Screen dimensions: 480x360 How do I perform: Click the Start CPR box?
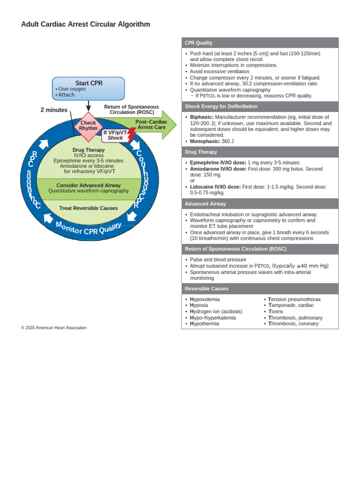[89, 89]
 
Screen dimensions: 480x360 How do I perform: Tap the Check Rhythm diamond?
[88, 126]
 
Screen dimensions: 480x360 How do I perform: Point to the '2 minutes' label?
[53, 110]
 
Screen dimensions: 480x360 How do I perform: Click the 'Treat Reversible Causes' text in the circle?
[89, 208]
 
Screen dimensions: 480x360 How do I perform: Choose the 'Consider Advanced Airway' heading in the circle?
[89, 185]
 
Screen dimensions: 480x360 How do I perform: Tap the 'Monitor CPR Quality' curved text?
[89, 229]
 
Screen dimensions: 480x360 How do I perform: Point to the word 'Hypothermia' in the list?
[204, 323]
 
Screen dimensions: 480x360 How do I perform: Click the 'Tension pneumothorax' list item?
[294, 299]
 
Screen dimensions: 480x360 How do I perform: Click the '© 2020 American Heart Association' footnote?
[53, 328]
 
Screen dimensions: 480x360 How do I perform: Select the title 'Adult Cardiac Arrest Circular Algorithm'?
[86, 24]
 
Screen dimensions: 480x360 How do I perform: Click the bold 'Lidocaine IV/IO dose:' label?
[215, 187]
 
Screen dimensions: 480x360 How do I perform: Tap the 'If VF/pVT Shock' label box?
[115, 135]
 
